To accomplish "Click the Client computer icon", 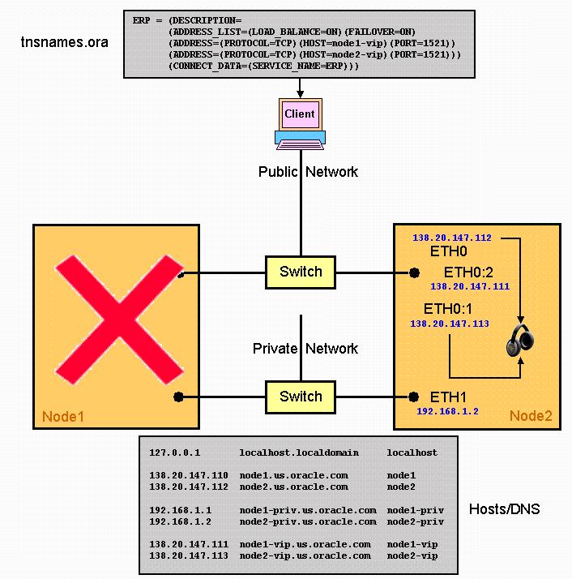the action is point(300,124).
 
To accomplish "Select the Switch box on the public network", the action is point(301,272).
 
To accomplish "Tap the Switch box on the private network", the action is point(301,397).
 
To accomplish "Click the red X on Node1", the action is point(119,320).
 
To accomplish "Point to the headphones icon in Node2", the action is point(520,341).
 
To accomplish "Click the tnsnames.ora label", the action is point(65,42).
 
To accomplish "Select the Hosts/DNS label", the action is point(504,508).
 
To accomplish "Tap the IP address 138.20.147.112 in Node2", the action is point(452,238).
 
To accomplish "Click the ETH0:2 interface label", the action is point(468,272).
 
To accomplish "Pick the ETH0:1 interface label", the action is point(448,308).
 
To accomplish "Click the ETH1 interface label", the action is point(448,397).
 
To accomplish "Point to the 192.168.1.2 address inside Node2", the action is point(448,411).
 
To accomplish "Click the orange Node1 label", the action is point(63,417).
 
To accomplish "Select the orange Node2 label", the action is point(531,416).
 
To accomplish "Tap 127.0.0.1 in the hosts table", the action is point(174,452).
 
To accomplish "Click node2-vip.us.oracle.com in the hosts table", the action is point(305,555).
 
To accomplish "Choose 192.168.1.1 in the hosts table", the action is point(180,510).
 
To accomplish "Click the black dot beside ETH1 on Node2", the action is point(414,397).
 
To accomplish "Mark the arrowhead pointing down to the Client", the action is point(301,94).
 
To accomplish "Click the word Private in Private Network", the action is point(275,348).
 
